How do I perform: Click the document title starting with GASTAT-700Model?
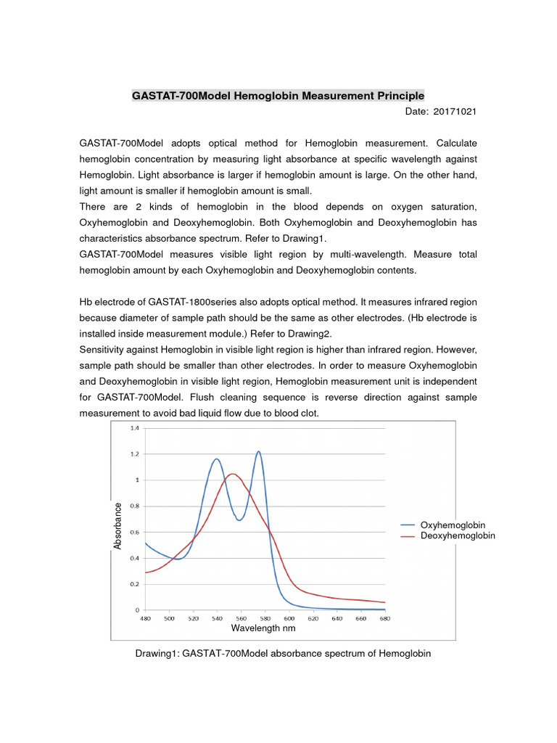(x=278, y=96)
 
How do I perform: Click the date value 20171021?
(x=455, y=112)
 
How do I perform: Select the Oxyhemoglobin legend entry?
(x=453, y=525)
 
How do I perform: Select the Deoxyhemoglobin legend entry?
(x=458, y=535)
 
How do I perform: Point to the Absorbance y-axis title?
(x=118, y=525)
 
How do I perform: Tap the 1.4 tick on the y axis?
(x=134, y=428)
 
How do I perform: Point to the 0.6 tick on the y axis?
(x=134, y=532)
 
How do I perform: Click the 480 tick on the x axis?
(x=146, y=619)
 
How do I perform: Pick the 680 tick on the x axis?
(x=384, y=619)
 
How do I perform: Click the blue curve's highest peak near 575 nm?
(x=258, y=451)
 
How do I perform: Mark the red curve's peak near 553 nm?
(x=232, y=474)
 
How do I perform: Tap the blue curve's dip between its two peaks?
(x=239, y=520)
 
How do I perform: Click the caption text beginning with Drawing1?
(x=283, y=654)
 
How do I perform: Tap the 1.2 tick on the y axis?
(x=134, y=454)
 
